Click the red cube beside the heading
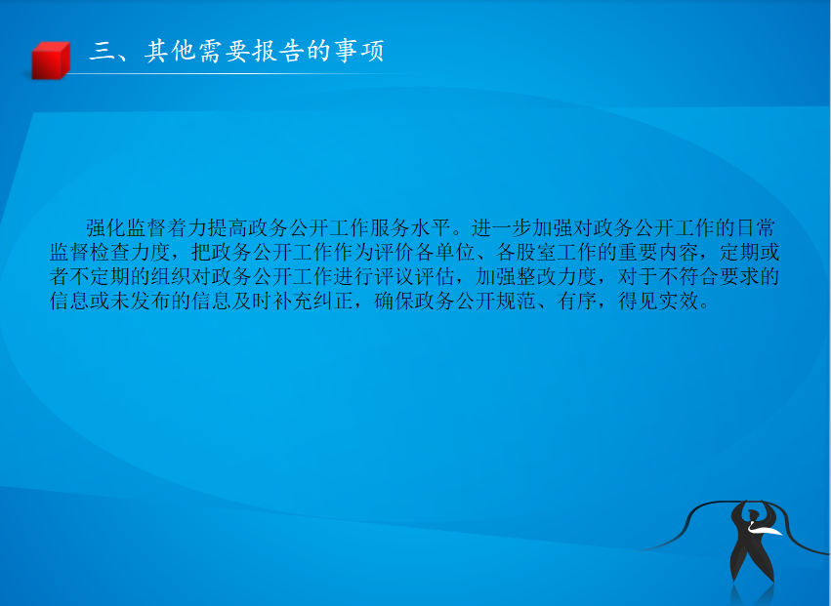pos(51,61)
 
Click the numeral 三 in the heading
pos(102,52)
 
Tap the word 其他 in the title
pos(170,52)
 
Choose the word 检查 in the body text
pos(110,252)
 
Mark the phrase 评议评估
pos(414,276)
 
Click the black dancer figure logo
pos(751,541)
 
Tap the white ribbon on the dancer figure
pos(765,529)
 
